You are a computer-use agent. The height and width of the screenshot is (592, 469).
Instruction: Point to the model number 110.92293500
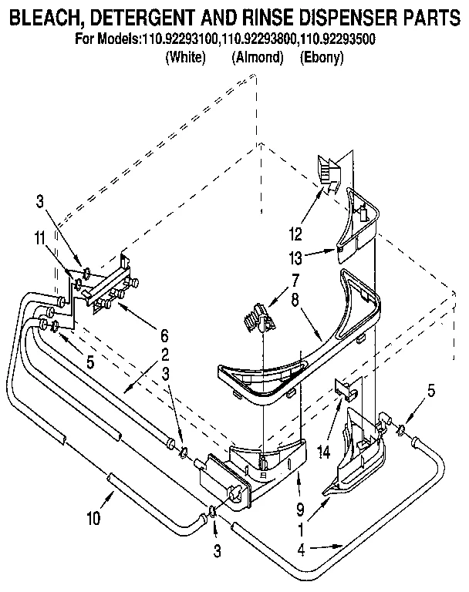click(x=339, y=39)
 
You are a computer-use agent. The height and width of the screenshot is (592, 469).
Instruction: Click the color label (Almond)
click(x=257, y=58)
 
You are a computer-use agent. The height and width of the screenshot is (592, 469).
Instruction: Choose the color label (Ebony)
click(x=321, y=58)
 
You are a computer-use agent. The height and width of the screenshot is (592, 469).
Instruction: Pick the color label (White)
click(x=186, y=58)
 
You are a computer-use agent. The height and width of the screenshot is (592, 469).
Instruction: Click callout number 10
click(x=93, y=519)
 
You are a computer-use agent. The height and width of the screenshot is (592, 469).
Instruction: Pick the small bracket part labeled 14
click(x=346, y=391)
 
